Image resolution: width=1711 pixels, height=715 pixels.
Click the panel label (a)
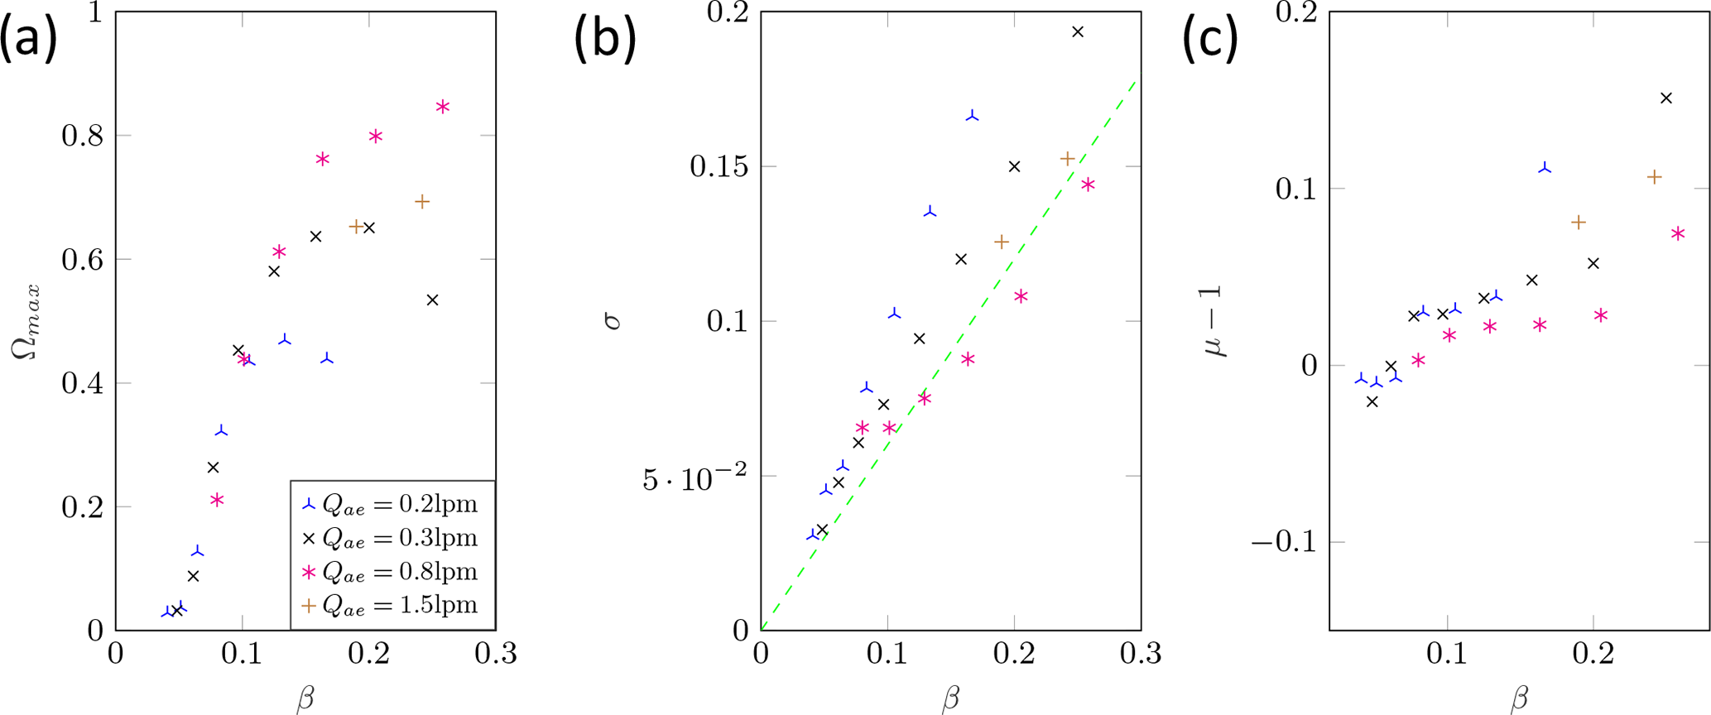tap(29, 38)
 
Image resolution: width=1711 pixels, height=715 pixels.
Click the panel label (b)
tap(605, 38)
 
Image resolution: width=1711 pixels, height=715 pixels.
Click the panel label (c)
tap(1209, 38)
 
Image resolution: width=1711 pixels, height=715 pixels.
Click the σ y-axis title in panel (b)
tap(613, 321)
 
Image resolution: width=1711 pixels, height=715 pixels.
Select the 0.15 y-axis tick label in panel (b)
tap(718, 166)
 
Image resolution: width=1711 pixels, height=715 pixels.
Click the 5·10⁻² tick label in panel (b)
tap(694, 477)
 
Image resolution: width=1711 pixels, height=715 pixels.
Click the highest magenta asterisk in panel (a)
tap(443, 107)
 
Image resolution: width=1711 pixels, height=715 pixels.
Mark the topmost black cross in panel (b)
tap(1078, 32)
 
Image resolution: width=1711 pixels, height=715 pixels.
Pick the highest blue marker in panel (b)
tap(973, 117)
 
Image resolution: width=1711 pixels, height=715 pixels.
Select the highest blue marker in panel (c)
tap(1545, 168)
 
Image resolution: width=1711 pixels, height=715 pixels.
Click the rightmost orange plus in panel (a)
tap(422, 202)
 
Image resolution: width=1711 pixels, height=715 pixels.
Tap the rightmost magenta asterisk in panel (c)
tap(1678, 234)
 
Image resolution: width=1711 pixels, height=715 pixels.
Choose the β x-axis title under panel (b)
tap(950, 698)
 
